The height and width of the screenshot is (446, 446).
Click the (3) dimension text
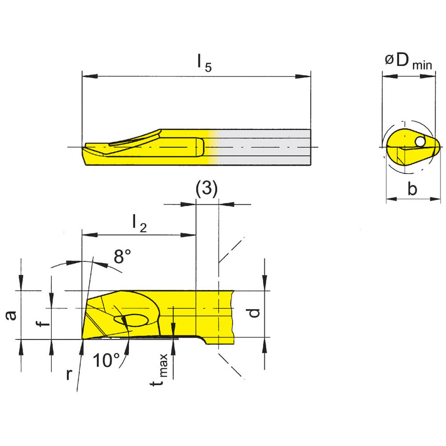[207, 190]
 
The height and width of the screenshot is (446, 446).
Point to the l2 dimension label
[139, 223]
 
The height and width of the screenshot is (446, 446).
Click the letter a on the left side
[12, 315]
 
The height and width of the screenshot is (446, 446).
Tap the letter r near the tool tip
[69, 375]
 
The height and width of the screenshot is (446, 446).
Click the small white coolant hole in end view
[420, 141]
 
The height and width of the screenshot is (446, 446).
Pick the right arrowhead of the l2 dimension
[192, 235]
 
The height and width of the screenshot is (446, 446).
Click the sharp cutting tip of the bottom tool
[83, 339]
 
